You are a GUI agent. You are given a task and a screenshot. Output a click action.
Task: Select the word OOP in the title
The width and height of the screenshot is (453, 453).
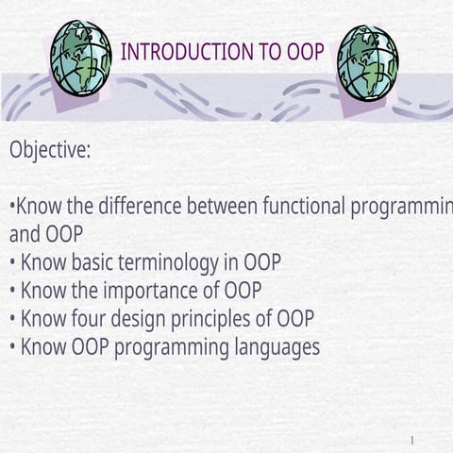305,52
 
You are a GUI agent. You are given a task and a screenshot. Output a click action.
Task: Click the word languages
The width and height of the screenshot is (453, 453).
277,347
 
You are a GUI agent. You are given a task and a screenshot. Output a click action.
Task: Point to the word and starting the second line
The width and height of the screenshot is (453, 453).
25,233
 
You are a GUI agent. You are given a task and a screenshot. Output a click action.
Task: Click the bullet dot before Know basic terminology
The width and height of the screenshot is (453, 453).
12,262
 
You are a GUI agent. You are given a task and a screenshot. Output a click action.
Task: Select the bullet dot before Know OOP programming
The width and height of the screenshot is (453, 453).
12,347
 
